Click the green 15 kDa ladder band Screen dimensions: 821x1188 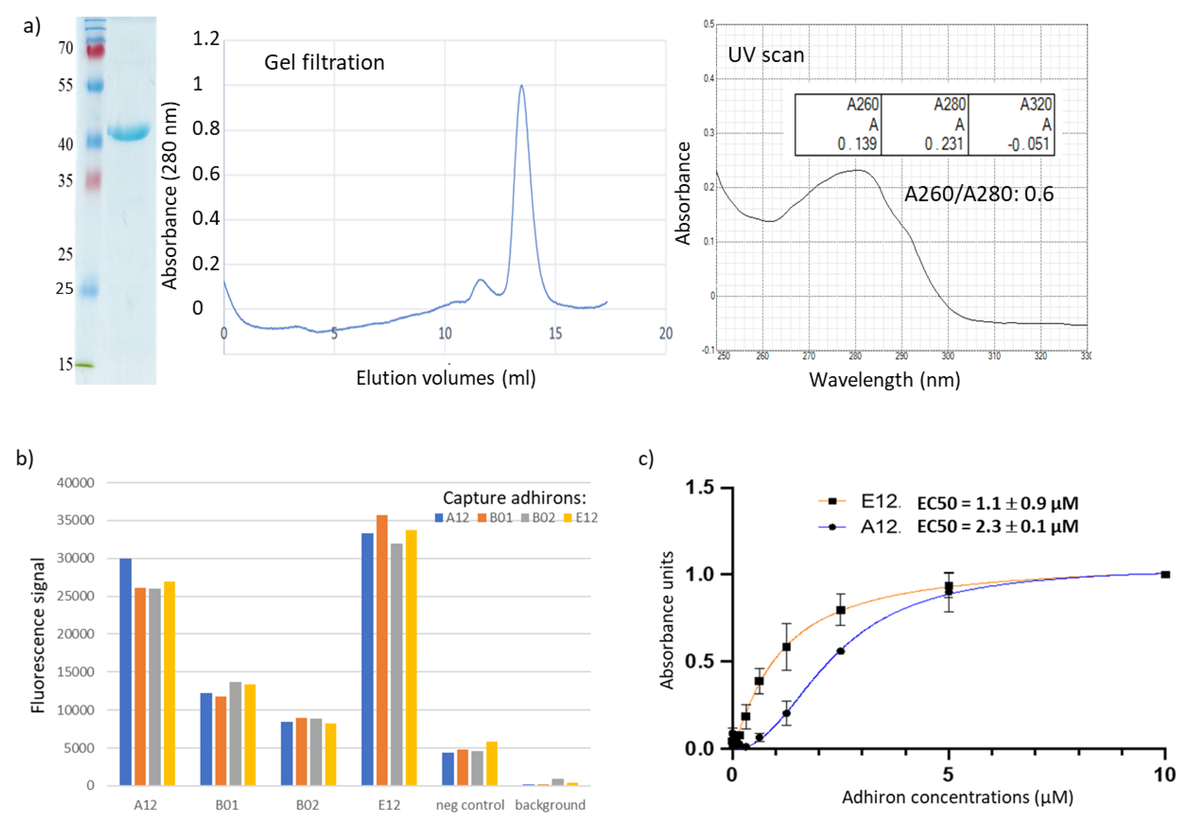click(85, 365)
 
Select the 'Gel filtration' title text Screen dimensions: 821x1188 click(324, 63)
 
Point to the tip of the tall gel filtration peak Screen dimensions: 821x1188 click(521, 87)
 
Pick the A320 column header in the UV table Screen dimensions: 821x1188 click(1036, 105)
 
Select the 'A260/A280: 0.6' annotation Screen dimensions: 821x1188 click(979, 194)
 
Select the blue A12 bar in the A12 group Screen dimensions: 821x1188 click(125, 671)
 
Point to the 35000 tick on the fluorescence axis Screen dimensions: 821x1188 click(75, 520)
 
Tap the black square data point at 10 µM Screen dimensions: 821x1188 click(1165, 575)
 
